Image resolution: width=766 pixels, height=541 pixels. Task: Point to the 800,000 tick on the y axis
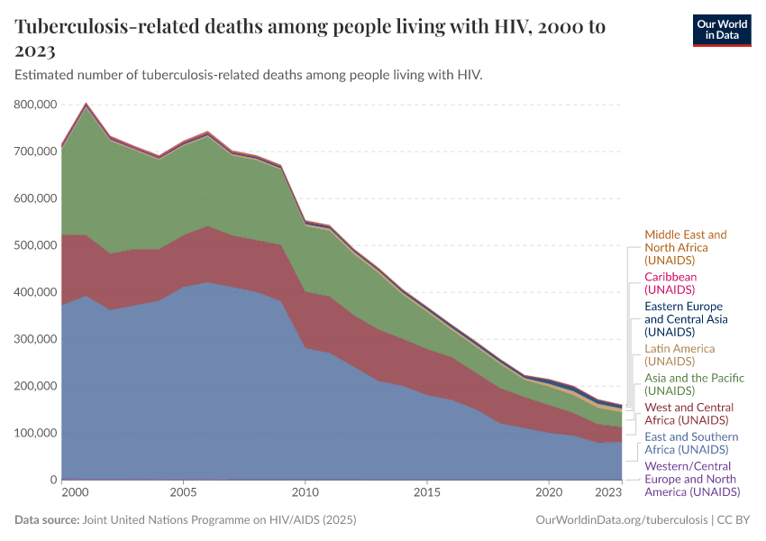click(36, 105)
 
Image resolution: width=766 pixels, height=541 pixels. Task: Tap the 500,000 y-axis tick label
click(36, 245)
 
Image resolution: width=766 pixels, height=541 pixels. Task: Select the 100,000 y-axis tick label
click(36, 433)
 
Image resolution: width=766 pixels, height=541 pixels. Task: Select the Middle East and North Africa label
click(685, 247)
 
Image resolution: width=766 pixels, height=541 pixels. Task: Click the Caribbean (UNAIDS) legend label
click(670, 283)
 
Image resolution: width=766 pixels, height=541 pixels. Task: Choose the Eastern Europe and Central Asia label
click(686, 319)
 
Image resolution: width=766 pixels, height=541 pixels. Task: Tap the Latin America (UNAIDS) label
click(679, 354)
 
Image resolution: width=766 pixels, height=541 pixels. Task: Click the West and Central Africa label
click(688, 413)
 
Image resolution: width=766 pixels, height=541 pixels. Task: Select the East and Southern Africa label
click(691, 443)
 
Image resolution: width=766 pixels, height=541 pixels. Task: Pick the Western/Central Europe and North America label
click(692, 479)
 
